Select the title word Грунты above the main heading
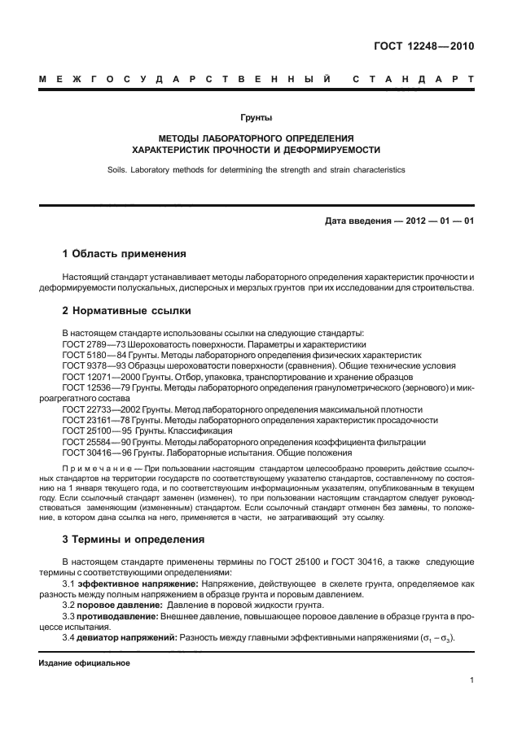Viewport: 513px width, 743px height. tap(256, 119)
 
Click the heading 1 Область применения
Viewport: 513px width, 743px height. tap(125, 254)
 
